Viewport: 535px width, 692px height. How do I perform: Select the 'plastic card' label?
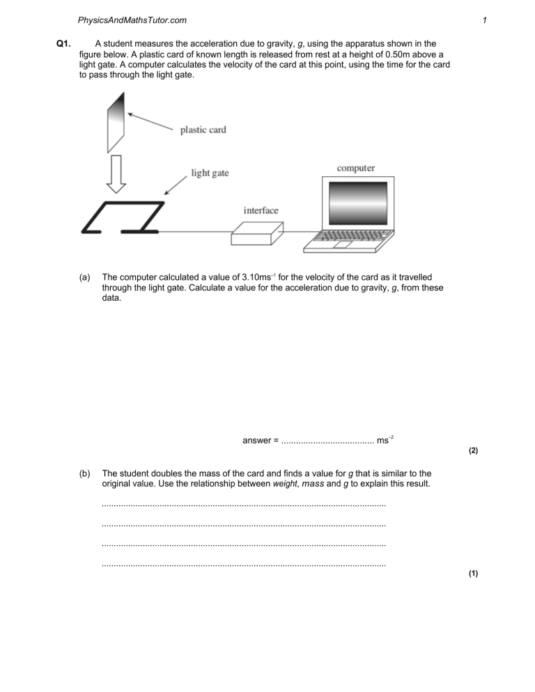tap(203, 130)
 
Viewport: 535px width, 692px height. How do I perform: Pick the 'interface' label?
tap(261, 210)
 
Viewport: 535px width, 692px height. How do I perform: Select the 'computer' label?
tap(355, 168)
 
